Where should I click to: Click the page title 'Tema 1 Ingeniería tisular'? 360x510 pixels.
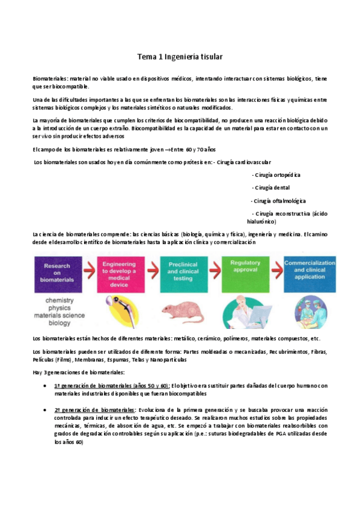pos(180,57)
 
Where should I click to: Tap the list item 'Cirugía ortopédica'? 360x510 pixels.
pos(276,175)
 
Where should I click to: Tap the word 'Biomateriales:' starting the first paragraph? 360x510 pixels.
pos(50,79)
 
